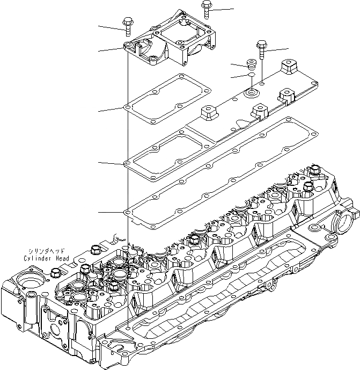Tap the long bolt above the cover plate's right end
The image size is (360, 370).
pos(261,50)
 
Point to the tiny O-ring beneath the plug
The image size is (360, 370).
pos(251,76)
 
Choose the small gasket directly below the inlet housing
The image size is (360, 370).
pos(167,98)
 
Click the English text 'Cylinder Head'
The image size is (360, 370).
pos(46,258)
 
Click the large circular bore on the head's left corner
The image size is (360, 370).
pos(26,282)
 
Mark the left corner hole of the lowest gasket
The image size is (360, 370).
pos(128,213)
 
